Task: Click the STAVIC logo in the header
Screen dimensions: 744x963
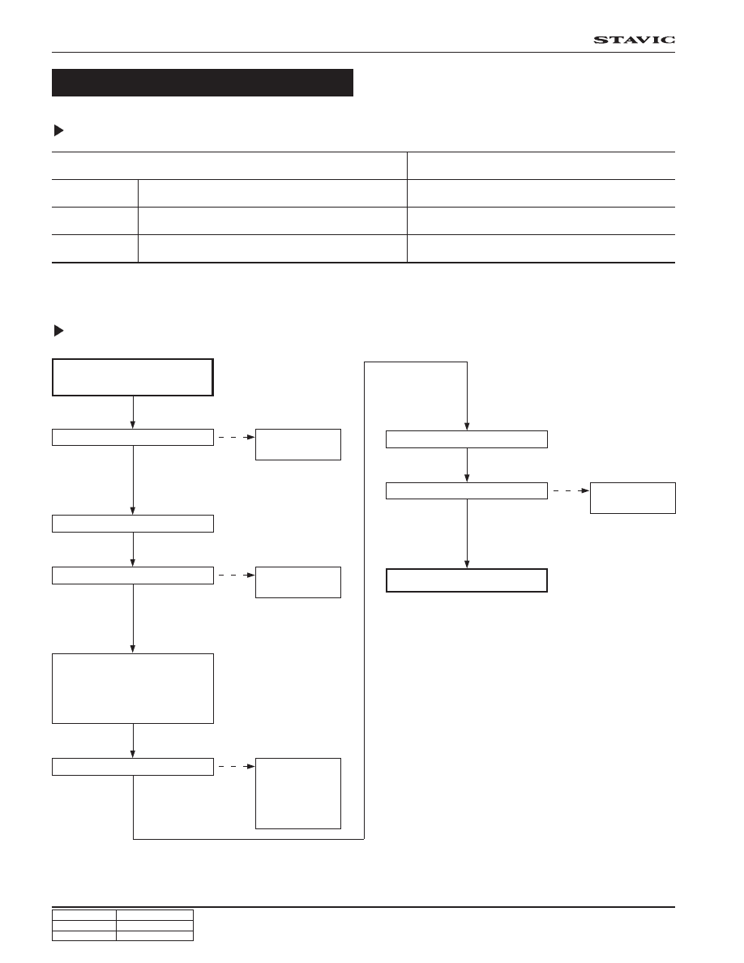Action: pos(634,40)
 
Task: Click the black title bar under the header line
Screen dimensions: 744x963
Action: pos(203,83)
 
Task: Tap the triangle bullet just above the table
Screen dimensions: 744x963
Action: pos(59,131)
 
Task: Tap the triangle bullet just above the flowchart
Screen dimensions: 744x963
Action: pos(59,331)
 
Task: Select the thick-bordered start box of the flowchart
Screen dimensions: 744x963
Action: pos(133,377)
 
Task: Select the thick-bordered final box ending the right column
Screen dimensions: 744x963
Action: pos(467,580)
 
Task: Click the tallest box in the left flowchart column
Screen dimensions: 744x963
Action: pos(133,688)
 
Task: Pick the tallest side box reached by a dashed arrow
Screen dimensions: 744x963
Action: pos(297,794)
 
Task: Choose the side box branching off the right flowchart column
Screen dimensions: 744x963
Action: pos(633,498)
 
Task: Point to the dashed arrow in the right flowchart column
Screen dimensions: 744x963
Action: pos(571,490)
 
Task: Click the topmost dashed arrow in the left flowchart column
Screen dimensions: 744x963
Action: pos(237,437)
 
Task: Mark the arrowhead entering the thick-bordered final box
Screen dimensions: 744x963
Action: pos(467,564)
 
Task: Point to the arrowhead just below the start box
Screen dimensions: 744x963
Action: pos(133,425)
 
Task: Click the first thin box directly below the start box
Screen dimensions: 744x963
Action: pos(133,437)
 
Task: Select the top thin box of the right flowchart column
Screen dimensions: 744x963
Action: pos(467,439)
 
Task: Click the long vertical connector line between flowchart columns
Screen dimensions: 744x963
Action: pos(365,600)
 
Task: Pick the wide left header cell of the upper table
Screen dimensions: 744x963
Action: pos(229,166)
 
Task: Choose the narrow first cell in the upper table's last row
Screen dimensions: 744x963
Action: pos(95,249)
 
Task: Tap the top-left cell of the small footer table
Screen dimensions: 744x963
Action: pos(84,915)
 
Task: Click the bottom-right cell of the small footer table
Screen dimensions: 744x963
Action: pos(155,936)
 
